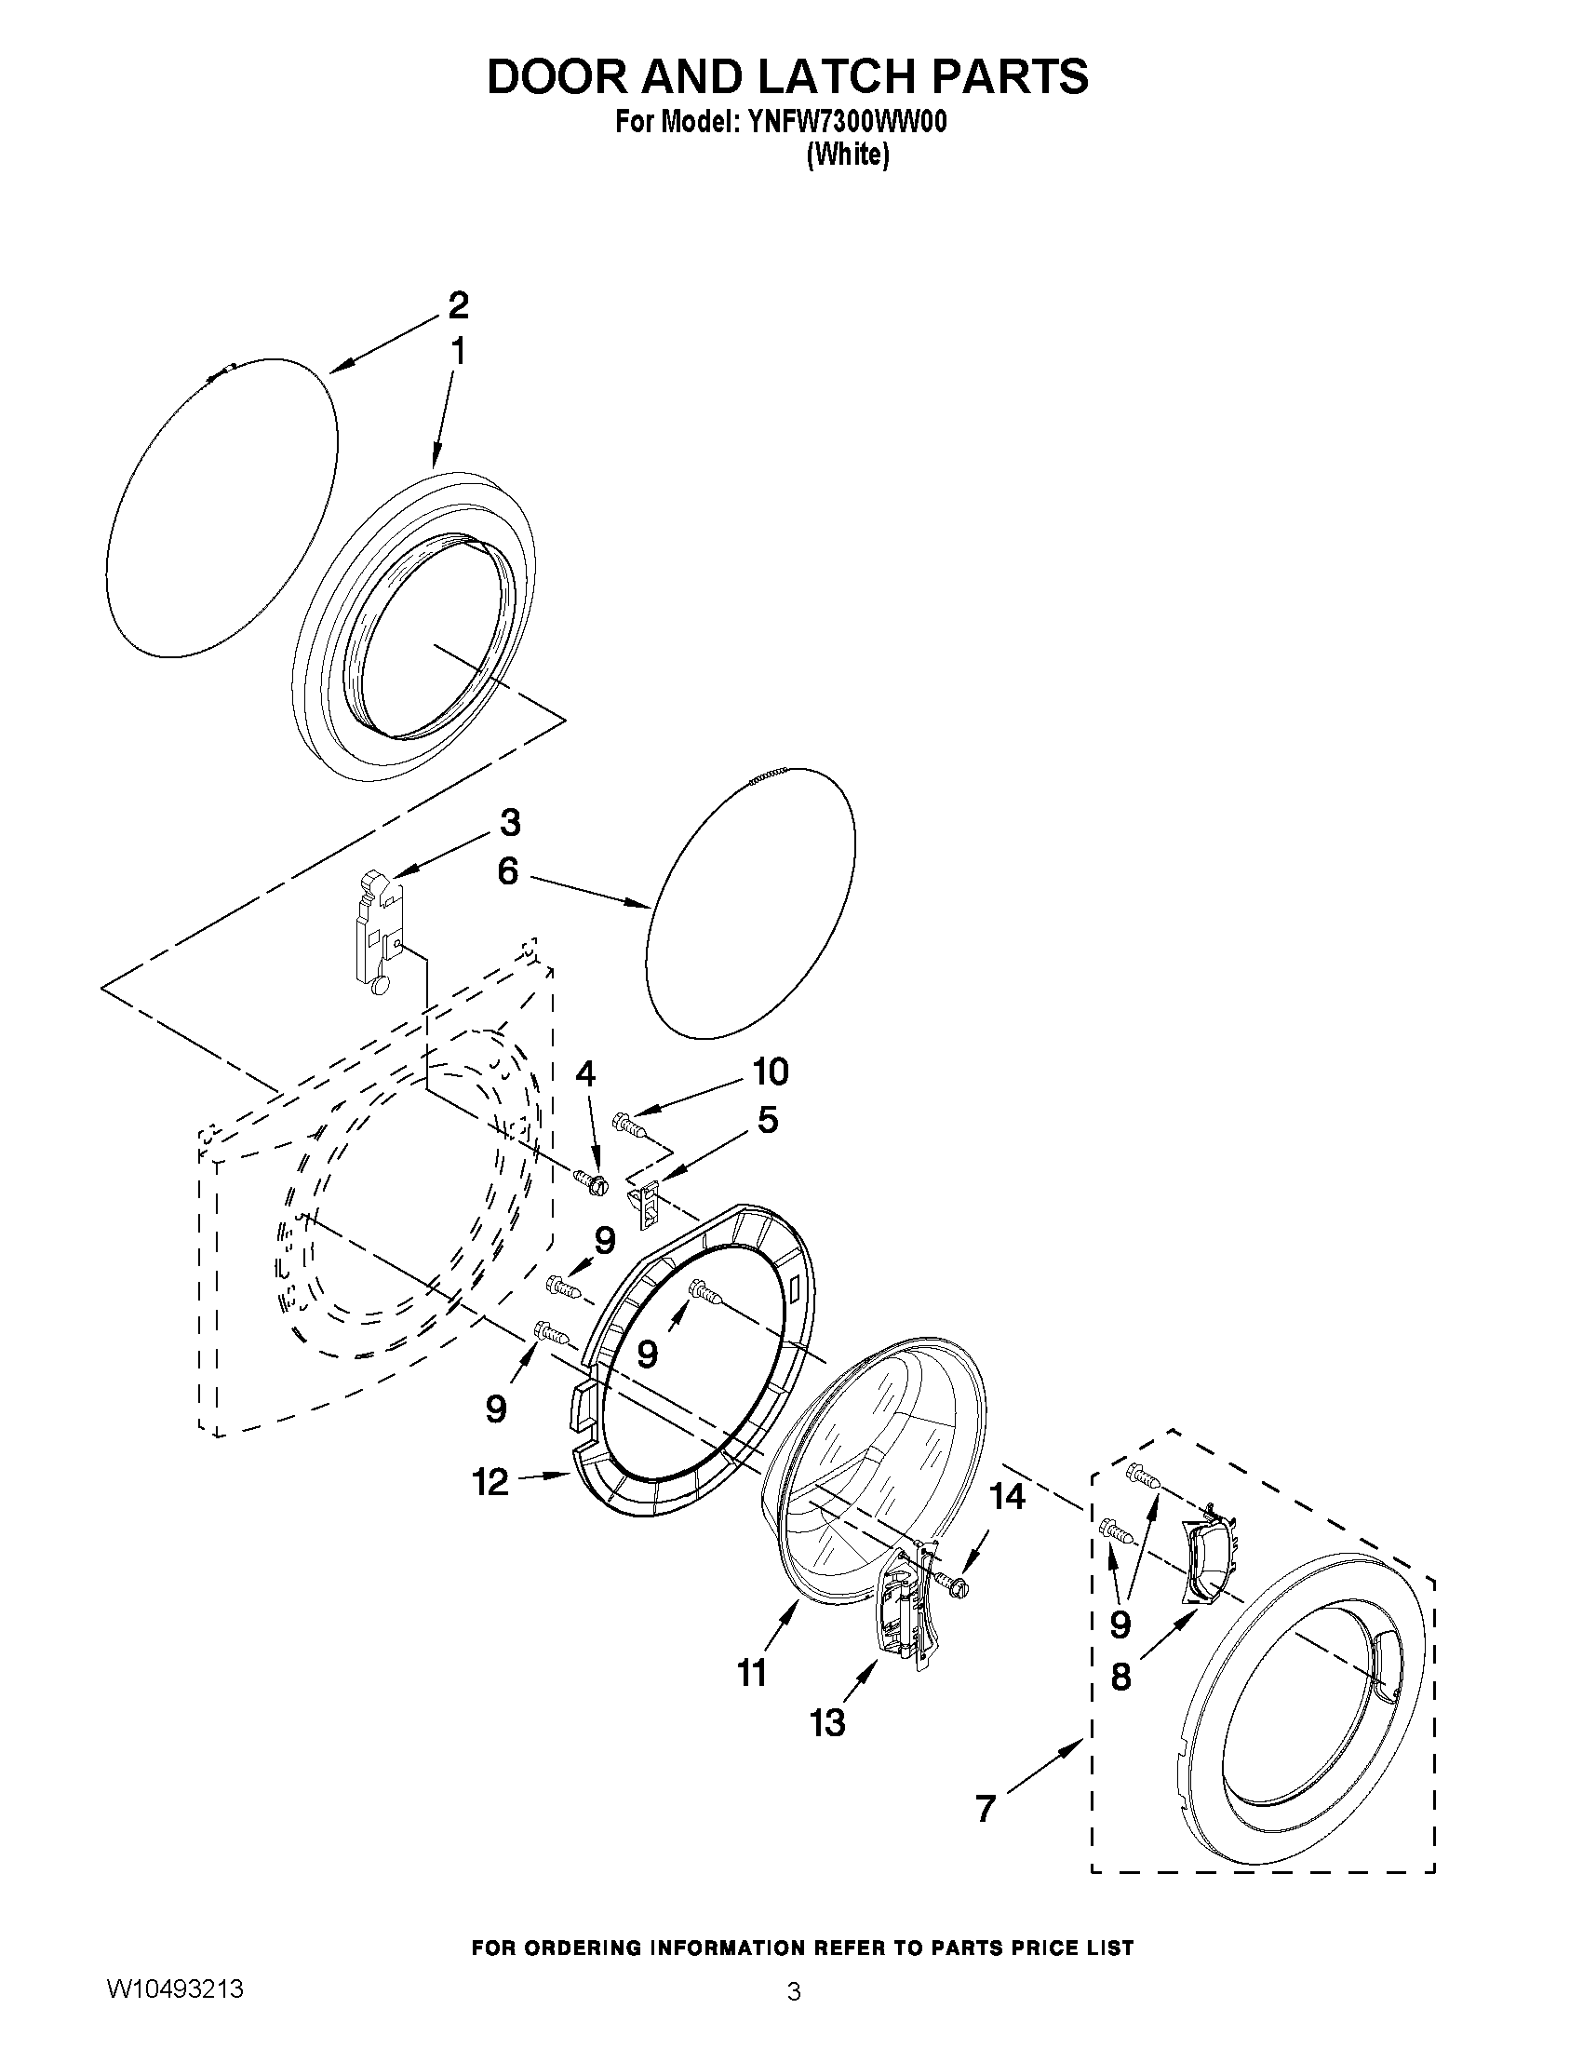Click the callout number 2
[458, 305]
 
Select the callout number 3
[509, 823]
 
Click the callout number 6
[507, 871]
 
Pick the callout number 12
[490, 1482]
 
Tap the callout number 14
[1007, 1497]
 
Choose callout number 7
[984, 1808]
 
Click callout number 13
[829, 1722]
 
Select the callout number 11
[751, 1673]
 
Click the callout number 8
[1120, 1677]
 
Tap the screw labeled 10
[629, 1123]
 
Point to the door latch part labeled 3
[381, 929]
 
